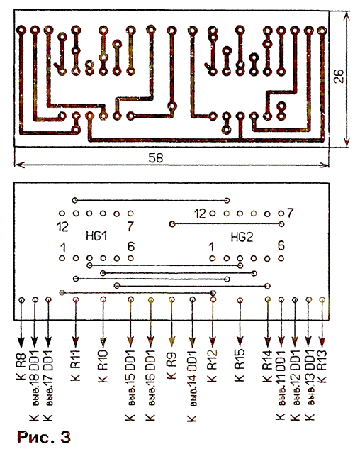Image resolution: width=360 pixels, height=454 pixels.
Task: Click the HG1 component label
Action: [x=96, y=236]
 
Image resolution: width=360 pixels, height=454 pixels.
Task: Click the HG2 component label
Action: [x=242, y=238]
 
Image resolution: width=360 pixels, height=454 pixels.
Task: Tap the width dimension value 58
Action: [x=156, y=158]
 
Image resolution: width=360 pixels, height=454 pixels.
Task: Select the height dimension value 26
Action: [x=339, y=77]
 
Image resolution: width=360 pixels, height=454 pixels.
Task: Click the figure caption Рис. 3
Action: [x=44, y=437]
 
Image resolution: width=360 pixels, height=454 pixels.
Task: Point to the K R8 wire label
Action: [x=21, y=366]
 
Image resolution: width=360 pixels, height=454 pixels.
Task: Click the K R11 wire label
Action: [x=75, y=365]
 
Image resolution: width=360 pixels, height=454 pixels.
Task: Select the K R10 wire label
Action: [x=103, y=366]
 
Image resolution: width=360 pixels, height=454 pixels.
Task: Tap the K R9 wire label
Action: [x=171, y=365]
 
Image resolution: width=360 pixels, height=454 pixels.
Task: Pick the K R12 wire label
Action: [x=212, y=366]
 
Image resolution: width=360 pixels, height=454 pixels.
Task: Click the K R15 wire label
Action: [x=240, y=365]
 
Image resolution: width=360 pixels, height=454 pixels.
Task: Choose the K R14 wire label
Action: [x=267, y=366]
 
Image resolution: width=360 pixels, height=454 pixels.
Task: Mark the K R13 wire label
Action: [x=322, y=366]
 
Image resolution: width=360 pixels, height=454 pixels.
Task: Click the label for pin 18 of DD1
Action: [x=34, y=386]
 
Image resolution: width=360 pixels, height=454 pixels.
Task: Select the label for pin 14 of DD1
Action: [x=192, y=386]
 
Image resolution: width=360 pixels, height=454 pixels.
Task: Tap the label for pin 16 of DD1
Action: [x=150, y=386]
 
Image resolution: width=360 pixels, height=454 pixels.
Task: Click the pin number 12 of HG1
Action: [x=63, y=227]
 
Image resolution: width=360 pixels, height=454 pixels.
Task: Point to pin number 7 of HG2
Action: [x=291, y=213]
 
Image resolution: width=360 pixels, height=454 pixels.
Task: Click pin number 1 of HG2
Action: [x=211, y=247]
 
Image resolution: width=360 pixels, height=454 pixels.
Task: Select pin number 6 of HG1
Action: [x=131, y=247]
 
